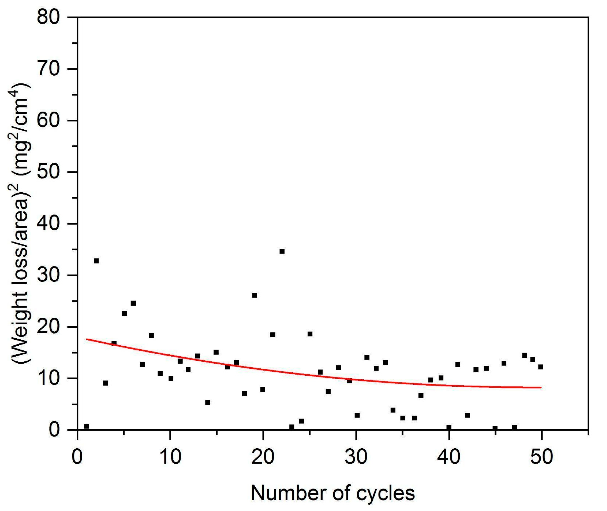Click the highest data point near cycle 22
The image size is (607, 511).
coord(282,251)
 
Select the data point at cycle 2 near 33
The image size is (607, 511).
coord(96,261)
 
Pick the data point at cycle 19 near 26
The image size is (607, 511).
coord(255,295)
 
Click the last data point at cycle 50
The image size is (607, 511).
coord(541,367)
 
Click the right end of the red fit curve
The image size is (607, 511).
coord(541,387)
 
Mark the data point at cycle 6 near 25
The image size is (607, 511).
coord(133,303)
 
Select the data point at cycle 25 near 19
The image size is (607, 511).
coord(310,334)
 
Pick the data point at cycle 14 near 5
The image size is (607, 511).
coord(208,403)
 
